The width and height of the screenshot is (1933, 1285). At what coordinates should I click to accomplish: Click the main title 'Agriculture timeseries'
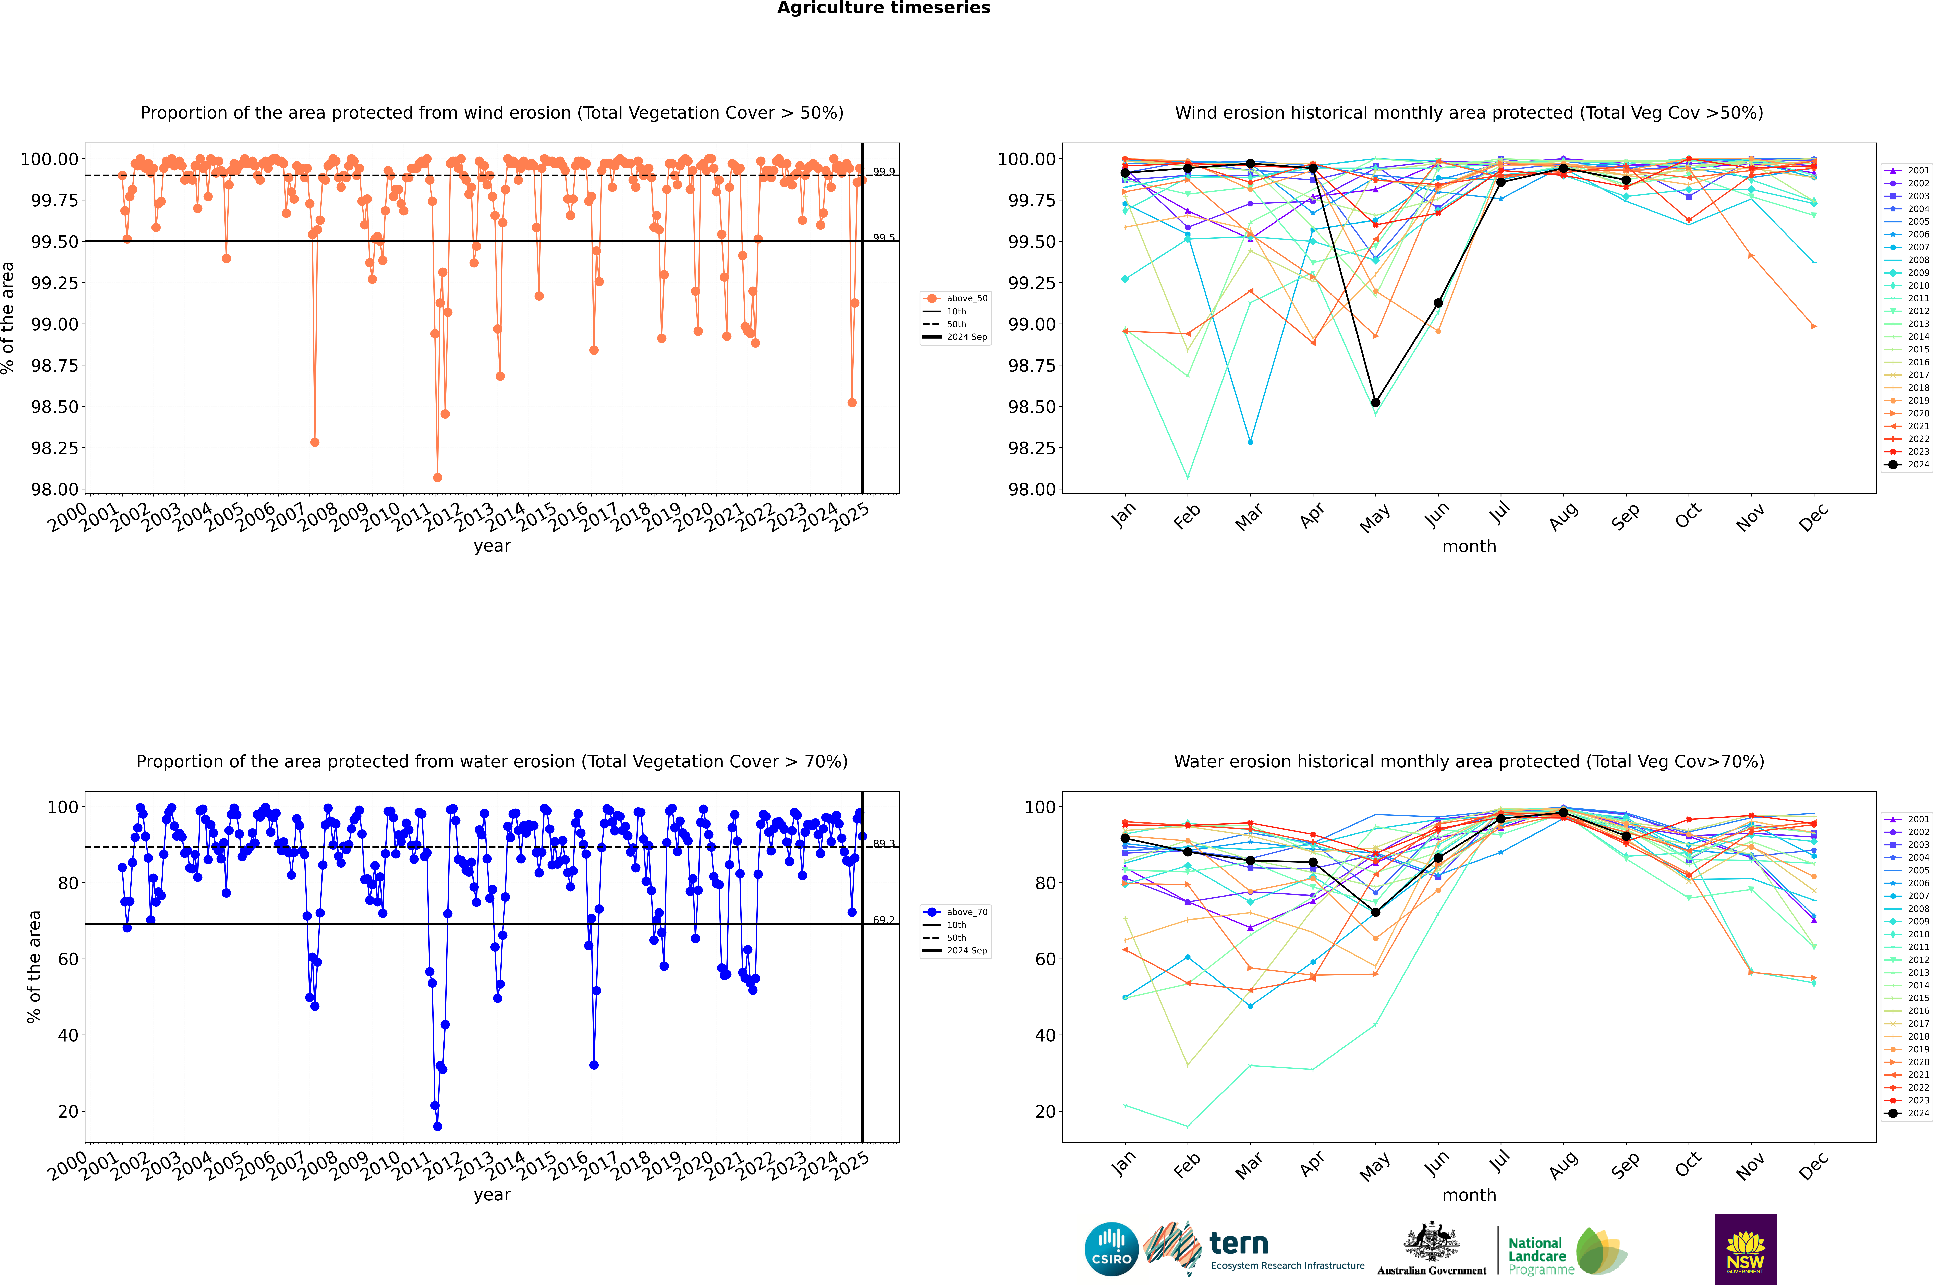[x=883, y=8]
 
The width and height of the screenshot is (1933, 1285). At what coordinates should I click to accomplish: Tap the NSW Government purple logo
[x=1745, y=1249]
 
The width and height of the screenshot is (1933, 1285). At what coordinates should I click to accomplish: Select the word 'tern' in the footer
[x=1239, y=1244]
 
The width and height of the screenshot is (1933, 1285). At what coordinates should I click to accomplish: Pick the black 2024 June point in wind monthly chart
[x=1438, y=303]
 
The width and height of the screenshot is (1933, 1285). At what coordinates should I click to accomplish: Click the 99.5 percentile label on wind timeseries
[x=883, y=238]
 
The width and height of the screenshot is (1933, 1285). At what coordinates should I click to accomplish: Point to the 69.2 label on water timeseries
[x=883, y=920]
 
